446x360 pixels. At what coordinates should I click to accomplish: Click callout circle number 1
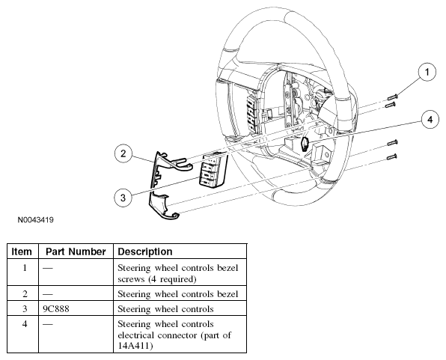click(x=427, y=72)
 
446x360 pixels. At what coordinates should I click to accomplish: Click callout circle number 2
click(x=123, y=153)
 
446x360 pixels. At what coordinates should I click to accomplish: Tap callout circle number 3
click(x=123, y=198)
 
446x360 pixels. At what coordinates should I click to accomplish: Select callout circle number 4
click(x=430, y=119)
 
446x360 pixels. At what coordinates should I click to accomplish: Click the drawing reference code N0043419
click(x=36, y=220)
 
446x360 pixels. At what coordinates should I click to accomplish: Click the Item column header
click(x=22, y=251)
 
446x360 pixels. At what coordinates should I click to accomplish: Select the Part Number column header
click(x=76, y=251)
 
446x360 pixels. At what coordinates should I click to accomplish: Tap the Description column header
click(x=145, y=251)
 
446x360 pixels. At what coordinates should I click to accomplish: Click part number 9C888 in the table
click(x=56, y=309)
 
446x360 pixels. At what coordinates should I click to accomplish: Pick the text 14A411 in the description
click(x=133, y=346)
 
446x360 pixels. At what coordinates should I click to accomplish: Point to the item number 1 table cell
click(x=22, y=272)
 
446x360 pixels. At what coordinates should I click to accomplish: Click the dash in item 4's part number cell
click(x=47, y=324)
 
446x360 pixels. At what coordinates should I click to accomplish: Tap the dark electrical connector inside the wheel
click(x=305, y=144)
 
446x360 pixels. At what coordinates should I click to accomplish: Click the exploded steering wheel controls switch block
click(x=213, y=171)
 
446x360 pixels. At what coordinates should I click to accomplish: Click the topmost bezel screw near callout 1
click(x=393, y=97)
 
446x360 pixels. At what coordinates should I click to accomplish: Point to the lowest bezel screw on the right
click(x=392, y=157)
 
